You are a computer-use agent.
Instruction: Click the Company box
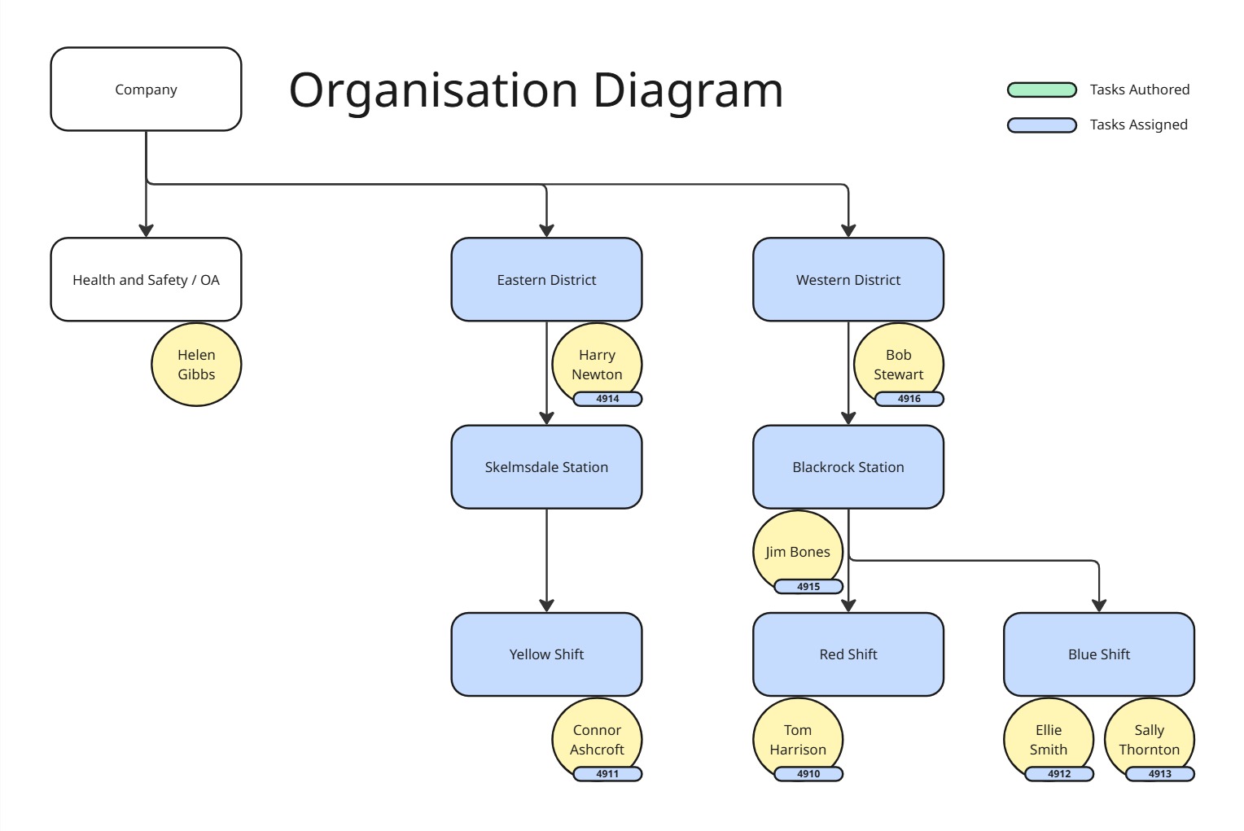[146, 90]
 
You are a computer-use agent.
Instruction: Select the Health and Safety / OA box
[146, 280]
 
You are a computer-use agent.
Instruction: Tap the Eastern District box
[546, 280]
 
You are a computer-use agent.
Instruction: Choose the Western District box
[848, 280]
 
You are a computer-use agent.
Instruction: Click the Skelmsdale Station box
[546, 467]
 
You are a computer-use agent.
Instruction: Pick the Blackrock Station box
[848, 467]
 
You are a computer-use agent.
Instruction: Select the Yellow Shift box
[546, 654]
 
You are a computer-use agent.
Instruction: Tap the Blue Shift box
[1099, 654]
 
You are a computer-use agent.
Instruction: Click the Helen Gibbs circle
[196, 365]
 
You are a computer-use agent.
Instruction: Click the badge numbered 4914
[607, 399]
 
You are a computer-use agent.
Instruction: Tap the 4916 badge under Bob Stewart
[909, 399]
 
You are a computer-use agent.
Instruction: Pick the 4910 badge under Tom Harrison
[808, 774]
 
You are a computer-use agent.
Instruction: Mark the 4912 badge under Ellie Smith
[1059, 774]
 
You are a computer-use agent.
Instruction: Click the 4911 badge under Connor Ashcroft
[607, 774]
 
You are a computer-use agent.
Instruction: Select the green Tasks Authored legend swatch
[1042, 90]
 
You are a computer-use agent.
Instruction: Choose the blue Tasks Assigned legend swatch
[1042, 125]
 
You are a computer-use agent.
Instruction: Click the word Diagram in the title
[688, 90]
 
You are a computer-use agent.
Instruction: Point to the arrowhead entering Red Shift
[848, 605]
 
